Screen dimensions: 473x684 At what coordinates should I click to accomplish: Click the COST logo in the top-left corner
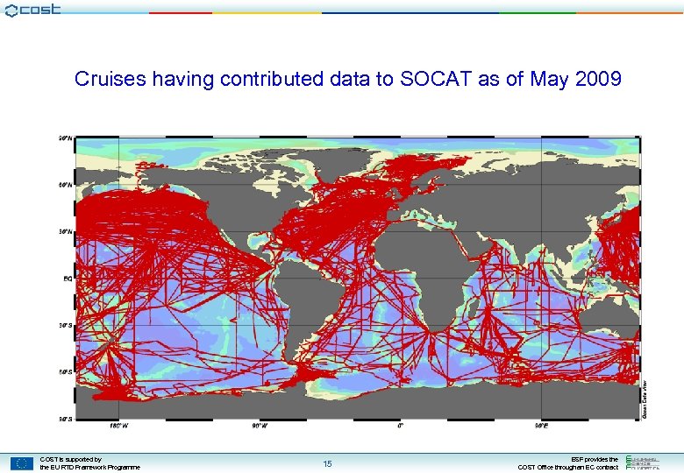[x=32, y=11]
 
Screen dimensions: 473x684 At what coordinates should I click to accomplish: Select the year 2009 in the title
[x=599, y=80]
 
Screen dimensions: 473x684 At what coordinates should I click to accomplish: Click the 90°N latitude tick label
[x=65, y=138]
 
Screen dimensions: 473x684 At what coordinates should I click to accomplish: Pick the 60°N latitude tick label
[x=65, y=185]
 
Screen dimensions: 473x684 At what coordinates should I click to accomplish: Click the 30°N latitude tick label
[x=65, y=232]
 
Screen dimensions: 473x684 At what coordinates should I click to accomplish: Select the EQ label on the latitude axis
[x=67, y=279]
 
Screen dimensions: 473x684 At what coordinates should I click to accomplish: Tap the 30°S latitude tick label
[x=65, y=325]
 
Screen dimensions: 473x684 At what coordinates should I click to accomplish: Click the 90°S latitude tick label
[x=65, y=419]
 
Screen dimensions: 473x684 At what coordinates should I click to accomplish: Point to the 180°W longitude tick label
[x=118, y=427]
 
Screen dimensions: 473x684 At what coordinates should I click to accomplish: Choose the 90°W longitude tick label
[x=260, y=427]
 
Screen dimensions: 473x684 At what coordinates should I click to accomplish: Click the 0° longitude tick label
[x=401, y=427]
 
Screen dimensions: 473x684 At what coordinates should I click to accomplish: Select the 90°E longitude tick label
[x=541, y=427]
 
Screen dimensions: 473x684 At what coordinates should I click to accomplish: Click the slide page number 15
[x=327, y=463]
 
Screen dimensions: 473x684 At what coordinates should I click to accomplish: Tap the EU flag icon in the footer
[x=22, y=463]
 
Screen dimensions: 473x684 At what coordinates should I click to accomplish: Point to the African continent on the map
[x=412, y=263]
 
